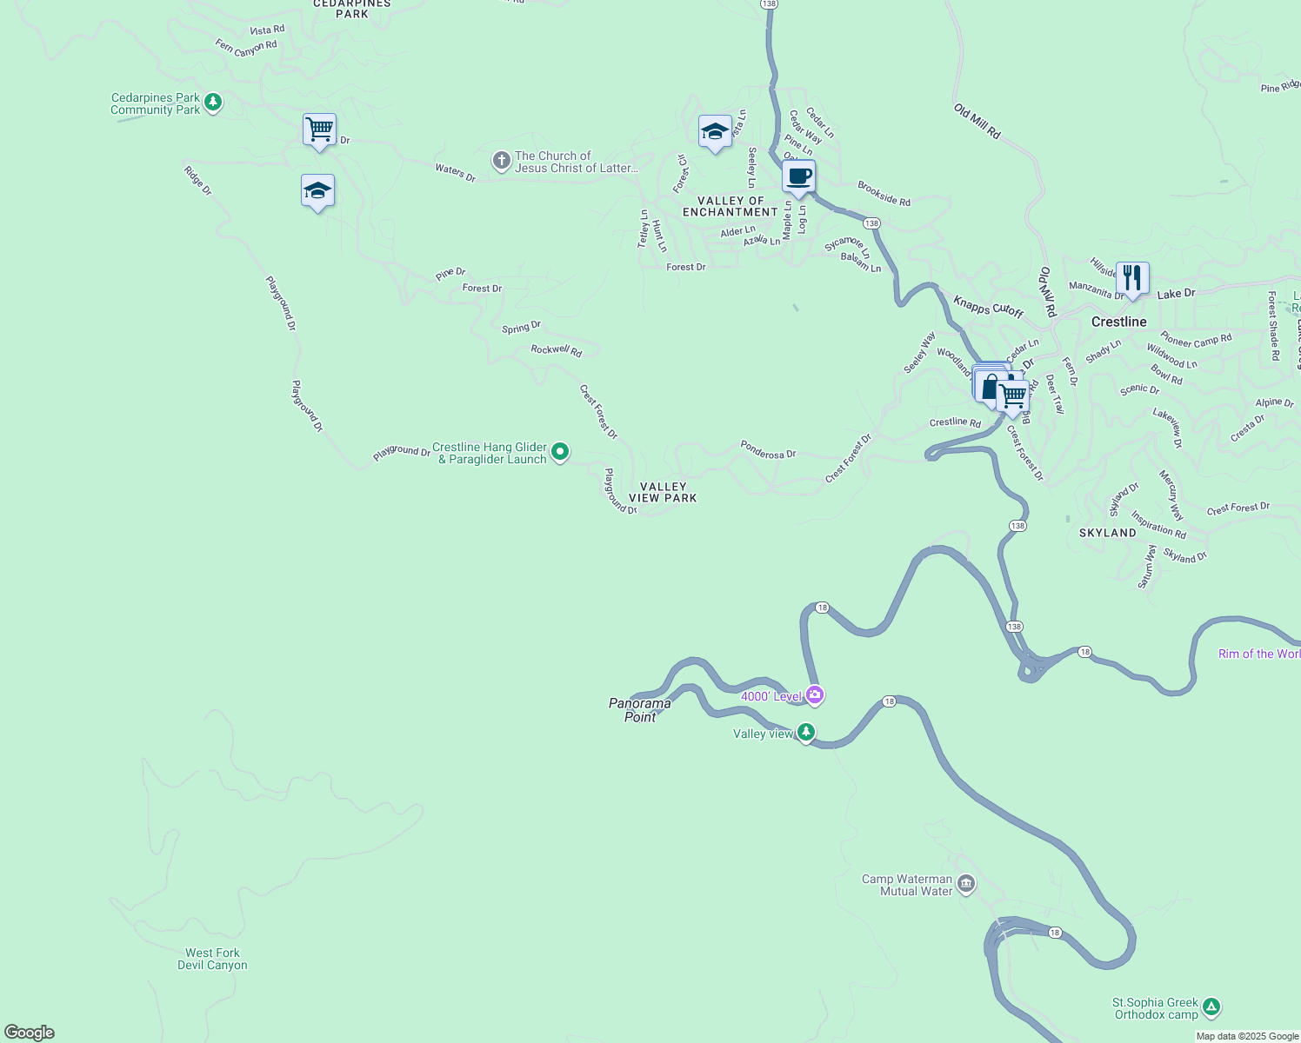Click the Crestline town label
point(1118,322)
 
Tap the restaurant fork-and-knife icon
point(1131,278)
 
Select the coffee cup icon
point(798,176)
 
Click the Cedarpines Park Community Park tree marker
point(212,103)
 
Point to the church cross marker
point(501,161)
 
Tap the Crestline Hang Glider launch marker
point(561,452)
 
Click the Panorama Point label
point(640,710)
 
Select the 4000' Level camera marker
point(815,694)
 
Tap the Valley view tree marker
point(806,733)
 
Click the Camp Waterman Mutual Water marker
point(966,884)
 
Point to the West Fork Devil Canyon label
point(212,959)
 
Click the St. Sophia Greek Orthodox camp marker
point(1211,1007)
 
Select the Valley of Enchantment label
point(731,206)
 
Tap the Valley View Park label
point(663,493)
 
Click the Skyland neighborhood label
point(1107,533)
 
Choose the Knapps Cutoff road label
point(988,307)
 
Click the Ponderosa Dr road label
point(768,449)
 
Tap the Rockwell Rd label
point(556,350)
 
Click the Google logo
point(30,1033)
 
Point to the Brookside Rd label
point(884,194)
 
